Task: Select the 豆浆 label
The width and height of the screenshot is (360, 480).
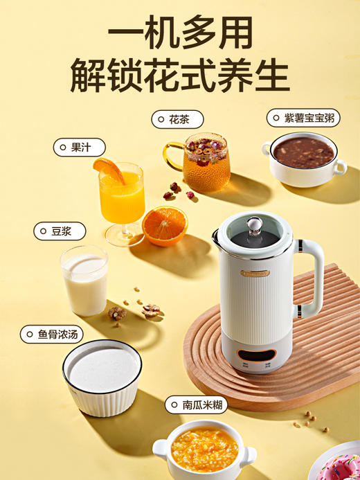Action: pos(60,231)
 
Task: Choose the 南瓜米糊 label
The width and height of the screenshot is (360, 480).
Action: pos(197,405)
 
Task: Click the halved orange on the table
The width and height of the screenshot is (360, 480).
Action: pos(165,225)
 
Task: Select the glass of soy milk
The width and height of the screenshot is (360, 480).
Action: pos(84,280)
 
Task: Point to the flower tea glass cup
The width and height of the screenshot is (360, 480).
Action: pos(205,163)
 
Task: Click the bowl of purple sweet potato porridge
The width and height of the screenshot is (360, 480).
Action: pos(303,159)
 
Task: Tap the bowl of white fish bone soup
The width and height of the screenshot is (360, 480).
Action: pos(102,377)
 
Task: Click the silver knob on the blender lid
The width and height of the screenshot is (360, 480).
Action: pos(254,225)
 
